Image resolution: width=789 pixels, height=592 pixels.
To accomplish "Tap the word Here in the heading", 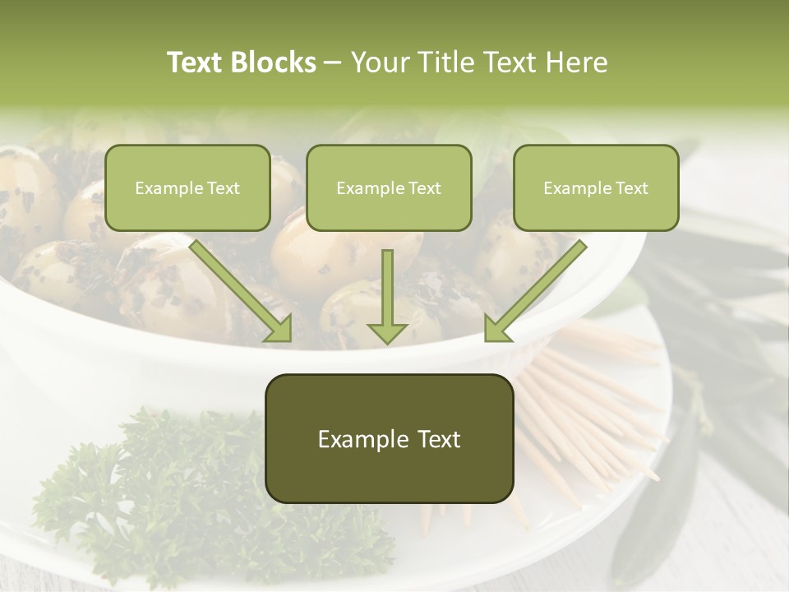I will tap(577, 62).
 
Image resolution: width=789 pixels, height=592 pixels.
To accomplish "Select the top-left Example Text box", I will tap(187, 188).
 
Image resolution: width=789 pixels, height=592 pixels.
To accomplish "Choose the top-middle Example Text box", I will tap(389, 188).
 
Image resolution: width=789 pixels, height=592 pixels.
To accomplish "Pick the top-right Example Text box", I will tap(596, 188).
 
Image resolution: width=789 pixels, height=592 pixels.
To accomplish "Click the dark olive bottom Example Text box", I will tap(389, 439).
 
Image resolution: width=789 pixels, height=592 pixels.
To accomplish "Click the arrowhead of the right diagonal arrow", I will tap(498, 328).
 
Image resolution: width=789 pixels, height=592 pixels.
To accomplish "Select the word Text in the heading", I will tap(198, 62).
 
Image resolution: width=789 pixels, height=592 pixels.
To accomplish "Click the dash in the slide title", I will tap(333, 62).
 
